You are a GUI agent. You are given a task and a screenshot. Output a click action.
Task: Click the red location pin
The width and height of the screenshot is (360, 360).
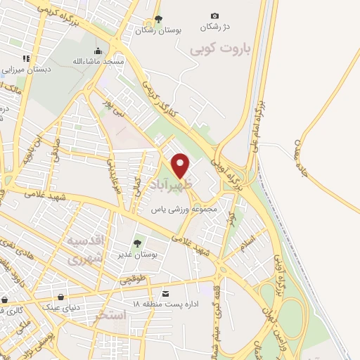pyautogui.click(x=181, y=165)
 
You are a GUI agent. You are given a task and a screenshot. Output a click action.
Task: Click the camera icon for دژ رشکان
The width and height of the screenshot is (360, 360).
pyautogui.click(x=214, y=16)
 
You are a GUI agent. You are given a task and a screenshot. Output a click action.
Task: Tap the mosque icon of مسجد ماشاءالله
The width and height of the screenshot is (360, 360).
pyautogui.click(x=98, y=51)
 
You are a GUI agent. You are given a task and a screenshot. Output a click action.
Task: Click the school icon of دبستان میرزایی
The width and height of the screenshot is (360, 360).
pyautogui.click(x=26, y=58)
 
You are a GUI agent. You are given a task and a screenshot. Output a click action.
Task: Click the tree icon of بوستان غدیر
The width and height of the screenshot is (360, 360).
pyautogui.click(x=137, y=243)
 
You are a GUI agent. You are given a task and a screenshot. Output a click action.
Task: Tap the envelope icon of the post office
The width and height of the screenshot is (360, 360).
pyautogui.click(x=165, y=292)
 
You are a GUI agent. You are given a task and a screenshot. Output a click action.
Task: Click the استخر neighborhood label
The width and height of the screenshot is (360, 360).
pyautogui.click(x=111, y=315)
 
